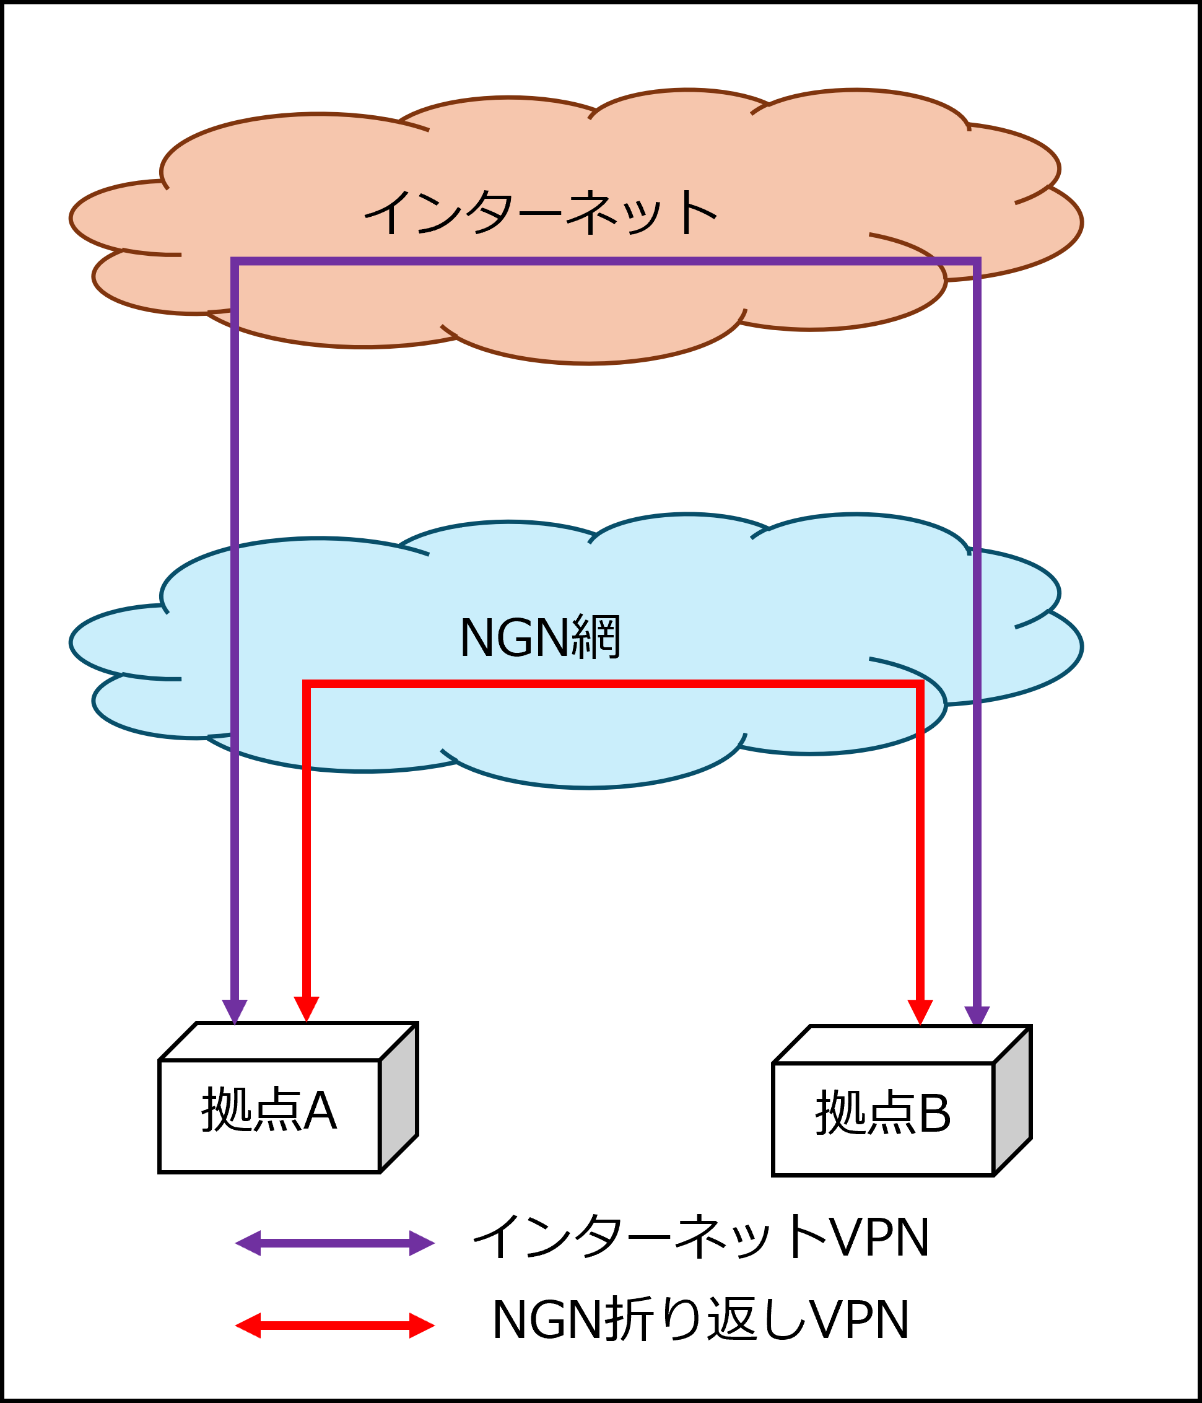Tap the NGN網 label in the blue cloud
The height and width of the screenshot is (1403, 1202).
[x=540, y=638]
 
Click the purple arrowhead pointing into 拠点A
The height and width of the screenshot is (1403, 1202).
[x=235, y=1011]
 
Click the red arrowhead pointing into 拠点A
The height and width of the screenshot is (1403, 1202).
[x=307, y=1009]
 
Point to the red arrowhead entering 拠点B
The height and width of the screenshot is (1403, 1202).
[x=920, y=1012]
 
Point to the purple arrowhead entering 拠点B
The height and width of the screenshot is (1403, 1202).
[x=977, y=1016]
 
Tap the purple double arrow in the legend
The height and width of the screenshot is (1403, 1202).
[x=334, y=1243]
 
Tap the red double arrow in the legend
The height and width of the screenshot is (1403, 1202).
[x=334, y=1326]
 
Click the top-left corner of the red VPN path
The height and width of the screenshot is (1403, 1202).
[x=307, y=684]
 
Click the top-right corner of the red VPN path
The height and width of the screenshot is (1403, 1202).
[x=920, y=684]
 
